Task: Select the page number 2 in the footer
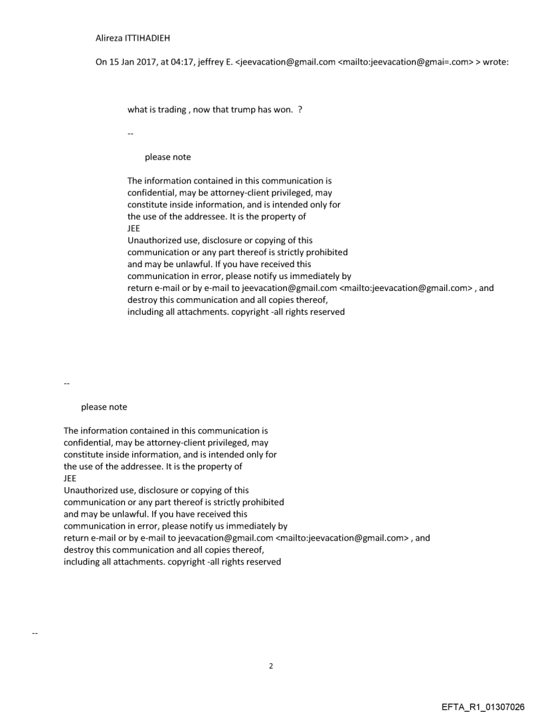271,666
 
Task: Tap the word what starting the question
137,110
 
